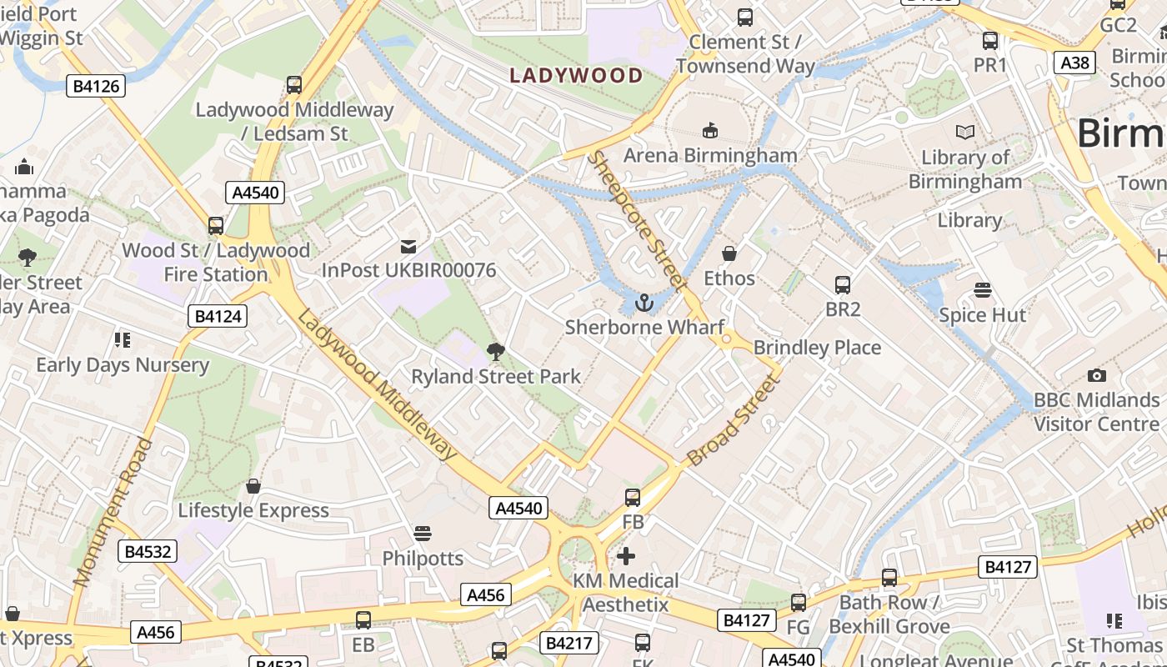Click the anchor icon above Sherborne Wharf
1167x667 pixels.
[643, 303]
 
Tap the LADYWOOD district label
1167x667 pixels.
[576, 76]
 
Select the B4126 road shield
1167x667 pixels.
[96, 86]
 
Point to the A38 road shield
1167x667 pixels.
[1075, 63]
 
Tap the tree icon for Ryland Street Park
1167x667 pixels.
[496, 352]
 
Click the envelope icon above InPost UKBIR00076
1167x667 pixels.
[408, 246]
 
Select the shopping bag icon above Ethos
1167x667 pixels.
[729, 253]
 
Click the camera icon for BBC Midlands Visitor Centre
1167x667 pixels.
[1096, 376]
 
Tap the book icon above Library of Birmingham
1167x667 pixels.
[964, 133]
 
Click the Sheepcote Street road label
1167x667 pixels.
[637, 221]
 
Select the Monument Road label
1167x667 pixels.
[113, 510]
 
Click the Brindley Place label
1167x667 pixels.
[817, 348]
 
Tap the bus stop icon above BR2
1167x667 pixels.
[842, 285]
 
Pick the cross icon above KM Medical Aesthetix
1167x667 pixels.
[626, 556]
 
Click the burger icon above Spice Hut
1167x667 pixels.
[983, 291]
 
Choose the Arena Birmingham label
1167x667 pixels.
[710, 155]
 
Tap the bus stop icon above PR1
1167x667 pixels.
[990, 40]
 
